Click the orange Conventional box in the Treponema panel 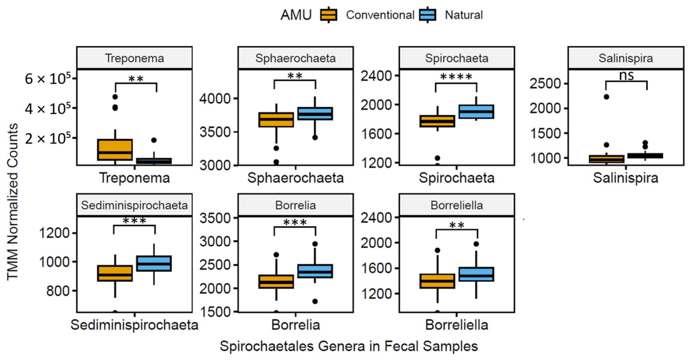pos(115,150)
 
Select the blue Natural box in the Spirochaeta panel pos(476,112)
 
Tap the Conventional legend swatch pos(328,15)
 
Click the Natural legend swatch pos(428,15)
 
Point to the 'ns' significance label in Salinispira pos(626,76)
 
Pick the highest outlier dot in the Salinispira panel pos(606,97)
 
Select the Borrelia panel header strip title pos(295,205)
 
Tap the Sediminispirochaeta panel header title pos(134,205)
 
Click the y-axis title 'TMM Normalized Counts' pos(13,202)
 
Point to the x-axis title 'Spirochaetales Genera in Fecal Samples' pos(349,346)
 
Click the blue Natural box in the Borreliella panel pos(476,274)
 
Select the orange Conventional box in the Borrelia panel pos(276,282)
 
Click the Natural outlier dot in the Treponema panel pos(154,140)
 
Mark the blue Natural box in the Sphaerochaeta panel pos(315,114)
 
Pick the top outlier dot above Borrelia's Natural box pos(315,244)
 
